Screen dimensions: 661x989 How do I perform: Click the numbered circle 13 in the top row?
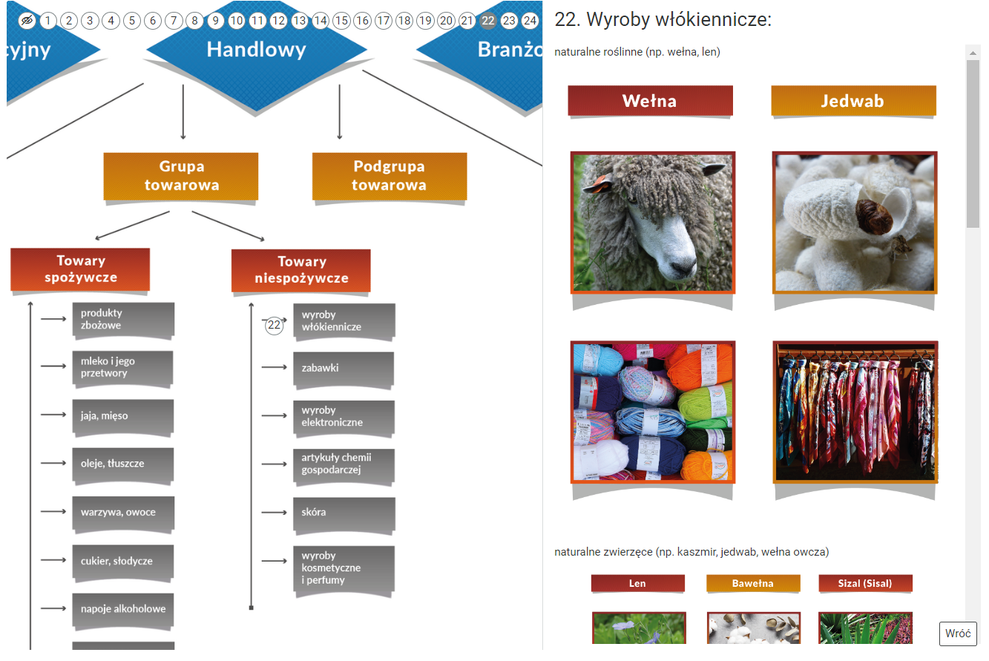tap(299, 21)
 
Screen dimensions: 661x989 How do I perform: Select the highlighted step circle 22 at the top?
tap(487, 21)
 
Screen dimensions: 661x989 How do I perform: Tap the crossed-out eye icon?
tap(27, 21)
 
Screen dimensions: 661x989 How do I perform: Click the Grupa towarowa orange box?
tap(181, 177)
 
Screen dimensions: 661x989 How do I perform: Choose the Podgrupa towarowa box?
tap(390, 177)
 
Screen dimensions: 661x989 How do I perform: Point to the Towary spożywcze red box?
tap(80, 269)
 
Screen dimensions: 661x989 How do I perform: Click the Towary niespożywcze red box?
tap(301, 270)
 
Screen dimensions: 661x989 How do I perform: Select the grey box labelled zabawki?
tap(343, 368)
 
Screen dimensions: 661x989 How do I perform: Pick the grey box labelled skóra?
tap(343, 513)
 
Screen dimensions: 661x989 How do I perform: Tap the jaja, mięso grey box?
tap(122, 416)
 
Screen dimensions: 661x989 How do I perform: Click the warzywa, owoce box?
tap(122, 513)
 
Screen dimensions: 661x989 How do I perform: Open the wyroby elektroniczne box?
tap(343, 416)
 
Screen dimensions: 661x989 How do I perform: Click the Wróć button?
tap(958, 634)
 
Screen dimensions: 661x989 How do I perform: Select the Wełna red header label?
tap(650, 101)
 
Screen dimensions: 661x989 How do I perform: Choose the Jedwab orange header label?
tap(853, 101)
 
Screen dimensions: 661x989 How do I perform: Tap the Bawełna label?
tap(753, 584)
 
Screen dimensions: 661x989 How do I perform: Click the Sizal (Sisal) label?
tap(865, 584)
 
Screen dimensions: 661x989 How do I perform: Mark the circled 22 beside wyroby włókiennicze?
tap(275, 325)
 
